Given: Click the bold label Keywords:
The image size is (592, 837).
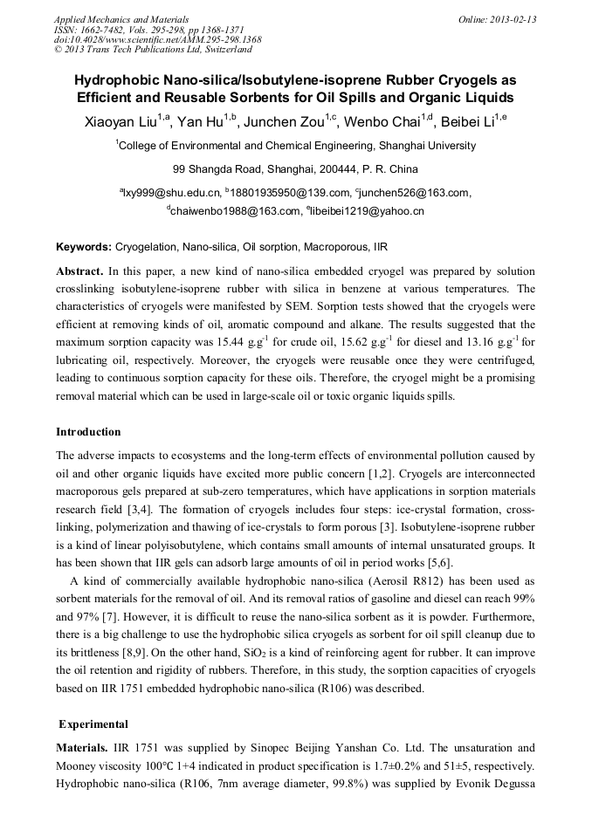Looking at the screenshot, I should (84, 247).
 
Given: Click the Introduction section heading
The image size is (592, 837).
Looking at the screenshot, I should (88, 431).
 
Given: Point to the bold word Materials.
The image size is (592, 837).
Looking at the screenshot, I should (82, 748).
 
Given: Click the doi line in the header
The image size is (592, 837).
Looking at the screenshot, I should (157, 39).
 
